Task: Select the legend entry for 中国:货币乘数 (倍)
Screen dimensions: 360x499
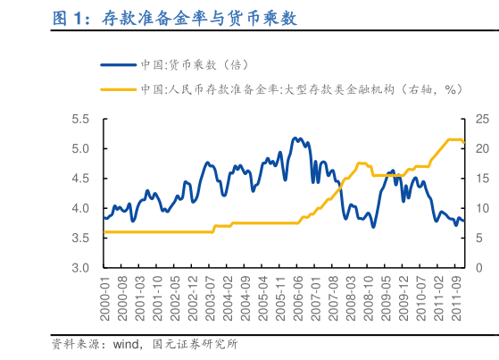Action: [x=193, y=65]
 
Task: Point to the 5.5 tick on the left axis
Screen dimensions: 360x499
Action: [x=80, y=119]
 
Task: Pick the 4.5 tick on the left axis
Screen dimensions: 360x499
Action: [x=80, y=179]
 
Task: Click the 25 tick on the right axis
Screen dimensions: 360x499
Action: [x=482, y=119]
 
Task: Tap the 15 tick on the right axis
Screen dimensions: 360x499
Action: [x=482, y=179]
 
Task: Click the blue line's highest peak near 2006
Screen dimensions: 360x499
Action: [x=296, y=138]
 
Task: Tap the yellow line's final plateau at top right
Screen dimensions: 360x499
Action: [x=453, y=139]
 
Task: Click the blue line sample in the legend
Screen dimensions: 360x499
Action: [x=119, y=65]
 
